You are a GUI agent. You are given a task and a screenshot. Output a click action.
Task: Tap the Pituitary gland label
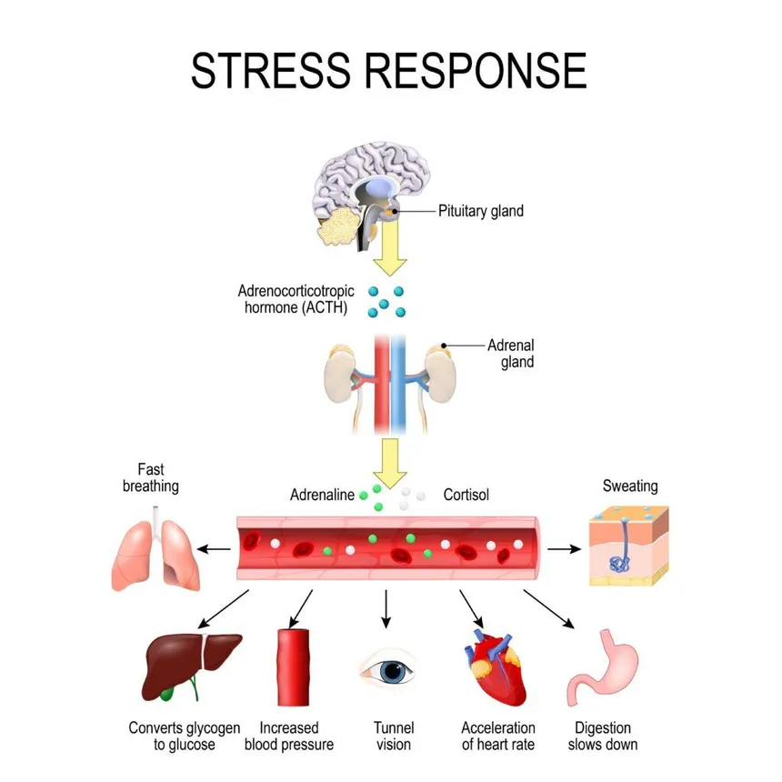coord(481,211)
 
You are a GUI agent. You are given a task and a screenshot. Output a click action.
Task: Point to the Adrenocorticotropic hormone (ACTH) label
coord(296,300)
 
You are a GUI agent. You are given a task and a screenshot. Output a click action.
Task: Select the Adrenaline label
coord(322,496)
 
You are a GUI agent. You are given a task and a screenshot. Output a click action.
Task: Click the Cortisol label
coord(466,496)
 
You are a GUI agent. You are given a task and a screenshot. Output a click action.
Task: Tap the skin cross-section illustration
coord(627,545)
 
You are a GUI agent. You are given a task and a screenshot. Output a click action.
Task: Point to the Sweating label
coord(630,486)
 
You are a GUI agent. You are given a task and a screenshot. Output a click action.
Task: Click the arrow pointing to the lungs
coord(215,548)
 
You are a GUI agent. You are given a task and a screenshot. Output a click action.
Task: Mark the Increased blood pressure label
coord(289,736)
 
